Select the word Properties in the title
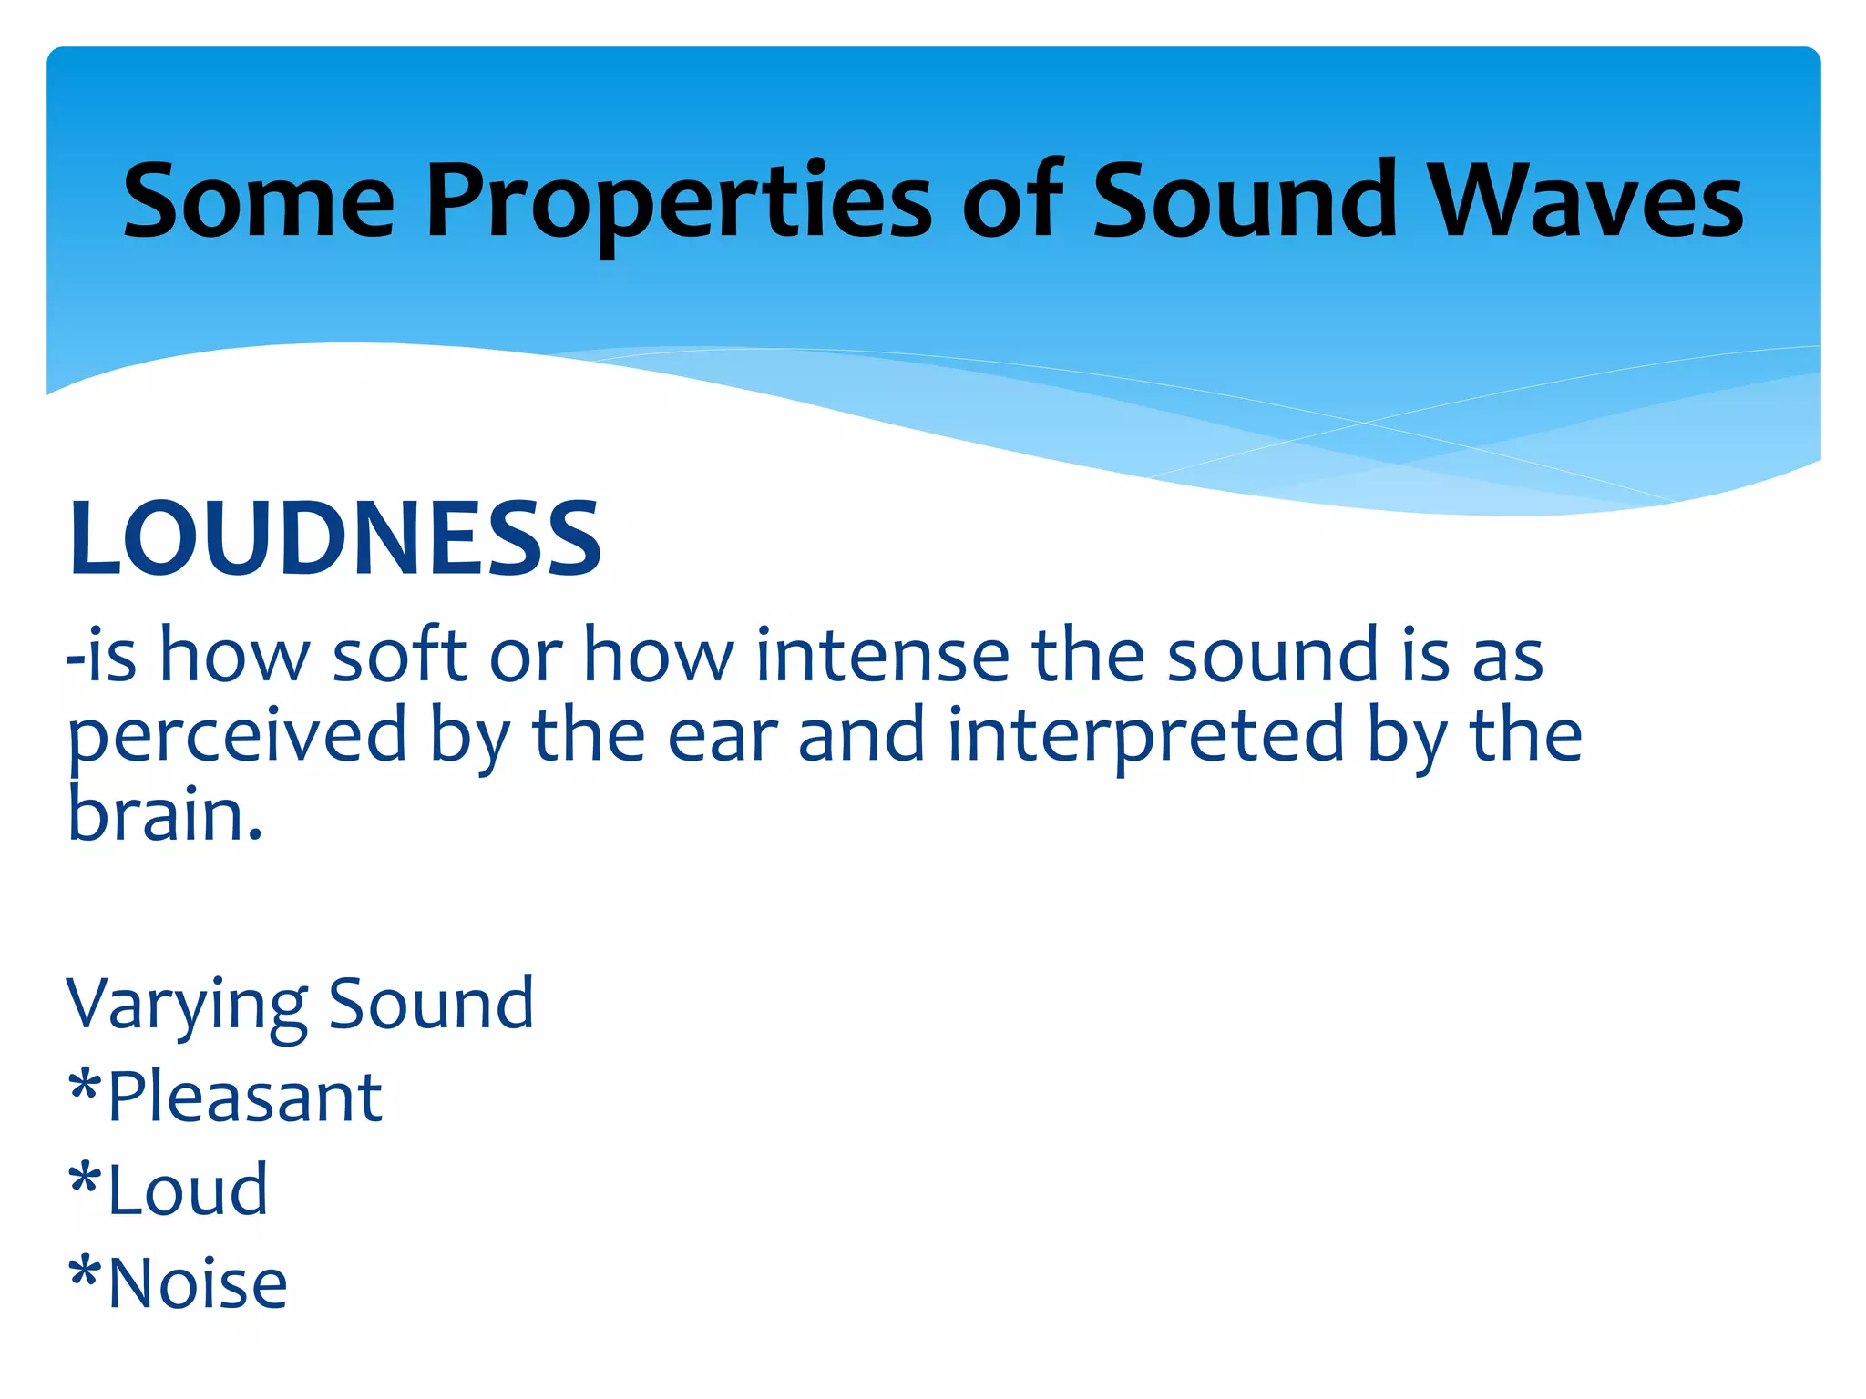pos(678,202)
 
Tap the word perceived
pos(237,736)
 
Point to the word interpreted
pos(1145,736)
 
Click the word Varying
pos(187,1005)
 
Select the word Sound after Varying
pos(431,1003)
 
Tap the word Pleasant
pos(244,1097)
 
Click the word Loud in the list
pos(188,1190)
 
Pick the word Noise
pos(198,1283)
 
